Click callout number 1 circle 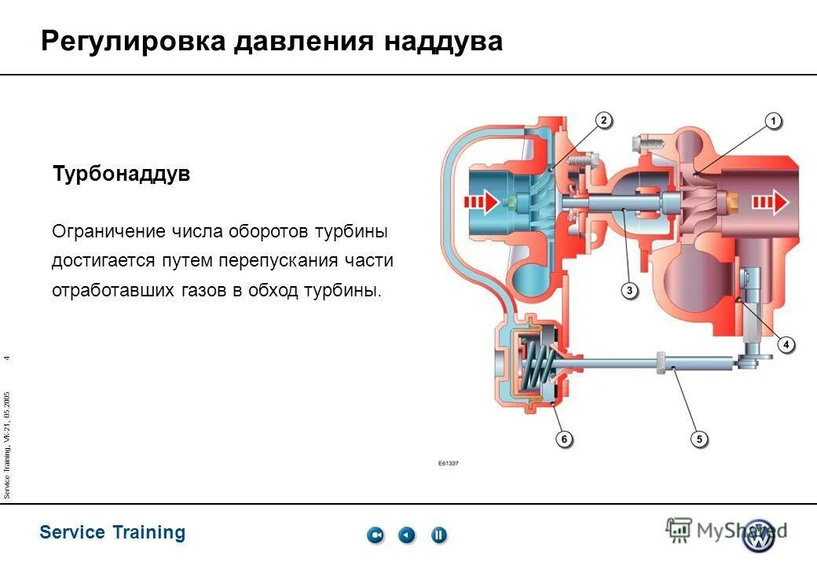[x=774, y=121]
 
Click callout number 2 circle [x=603, y=120]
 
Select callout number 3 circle [x=629, y=291]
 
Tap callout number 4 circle [x=786, y=344]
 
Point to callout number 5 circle [x=698, y=439]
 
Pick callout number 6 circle [x=564, y=439]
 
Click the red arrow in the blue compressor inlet [x=482, y=204]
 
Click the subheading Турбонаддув [x=121, y=174]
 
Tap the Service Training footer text [x=112, y=532]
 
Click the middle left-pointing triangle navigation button [x=406, y=535]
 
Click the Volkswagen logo [x=759, y=535]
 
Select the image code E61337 [x=448, y=463]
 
